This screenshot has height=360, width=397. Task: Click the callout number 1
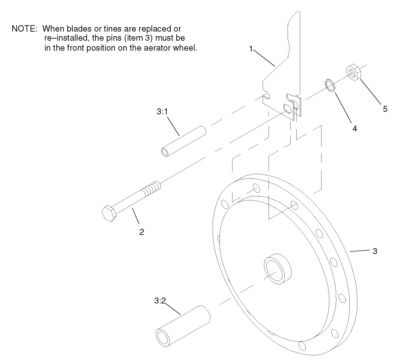tap(251, 49)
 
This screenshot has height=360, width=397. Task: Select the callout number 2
tap(142, 232)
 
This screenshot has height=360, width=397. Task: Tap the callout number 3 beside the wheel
tap(374, 251)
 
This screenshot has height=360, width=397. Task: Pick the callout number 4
tap(354, 129)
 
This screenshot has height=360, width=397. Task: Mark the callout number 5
tap(385, 109)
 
